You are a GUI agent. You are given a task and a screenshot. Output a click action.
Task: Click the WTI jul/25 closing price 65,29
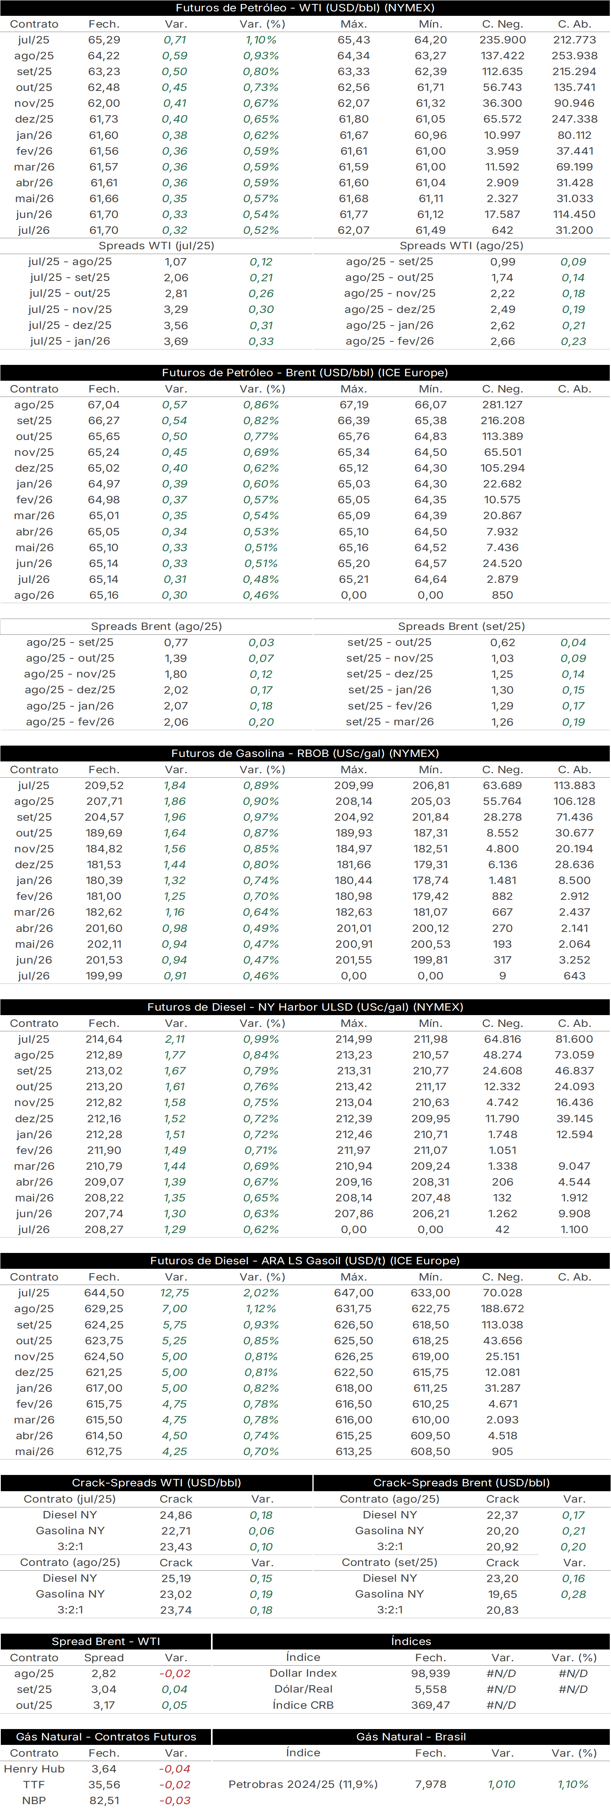click(x=104, y=40)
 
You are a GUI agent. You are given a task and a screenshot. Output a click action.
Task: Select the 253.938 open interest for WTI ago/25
click(x=574, y=56)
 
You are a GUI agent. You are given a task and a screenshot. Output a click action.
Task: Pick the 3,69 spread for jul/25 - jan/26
click(x=176, y=341)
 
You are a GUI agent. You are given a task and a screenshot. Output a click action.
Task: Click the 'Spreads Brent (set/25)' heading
click(x=461, y=626)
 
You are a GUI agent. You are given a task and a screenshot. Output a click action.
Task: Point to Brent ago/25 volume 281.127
click(x=502, y=405)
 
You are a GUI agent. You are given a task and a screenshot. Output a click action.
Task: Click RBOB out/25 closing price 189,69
click(x=104, y=833)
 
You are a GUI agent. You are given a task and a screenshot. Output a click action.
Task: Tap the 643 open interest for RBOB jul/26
click(x=574, y=975)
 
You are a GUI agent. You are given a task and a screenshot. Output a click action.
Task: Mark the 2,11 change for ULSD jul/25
click(x=176, y=1039)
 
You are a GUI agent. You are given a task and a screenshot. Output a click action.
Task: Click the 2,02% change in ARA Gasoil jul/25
click(x=261, y=1293)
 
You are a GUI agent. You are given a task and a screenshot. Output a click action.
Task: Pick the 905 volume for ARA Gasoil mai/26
click(x=502, y=1451)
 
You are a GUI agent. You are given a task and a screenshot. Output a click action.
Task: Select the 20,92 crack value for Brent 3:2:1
click(x=502, y=1546)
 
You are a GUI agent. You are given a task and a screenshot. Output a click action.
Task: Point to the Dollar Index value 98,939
click(x=430, y=1673)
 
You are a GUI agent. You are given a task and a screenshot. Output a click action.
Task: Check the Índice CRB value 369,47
click(x=430, y=1705)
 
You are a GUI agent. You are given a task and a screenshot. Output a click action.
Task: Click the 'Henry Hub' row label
click(x=34, y=1769)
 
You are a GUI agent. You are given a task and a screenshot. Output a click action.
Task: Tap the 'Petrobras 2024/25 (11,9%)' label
click(x=303, y=1784)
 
